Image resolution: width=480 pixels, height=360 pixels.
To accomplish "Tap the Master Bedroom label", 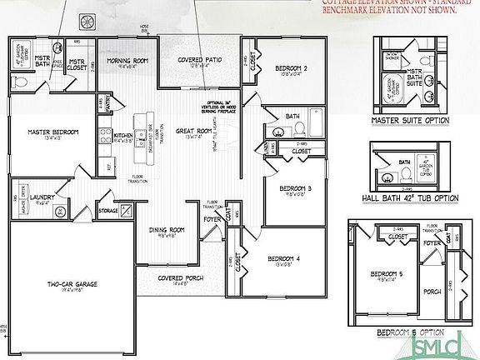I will click(x=52, y=132).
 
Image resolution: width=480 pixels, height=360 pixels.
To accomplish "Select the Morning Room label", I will click(x=127, y=60).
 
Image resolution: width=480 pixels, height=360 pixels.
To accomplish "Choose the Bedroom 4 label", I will click(x=285, y=259).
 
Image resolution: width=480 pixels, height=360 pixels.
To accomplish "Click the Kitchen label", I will click(x=123, y=134).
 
